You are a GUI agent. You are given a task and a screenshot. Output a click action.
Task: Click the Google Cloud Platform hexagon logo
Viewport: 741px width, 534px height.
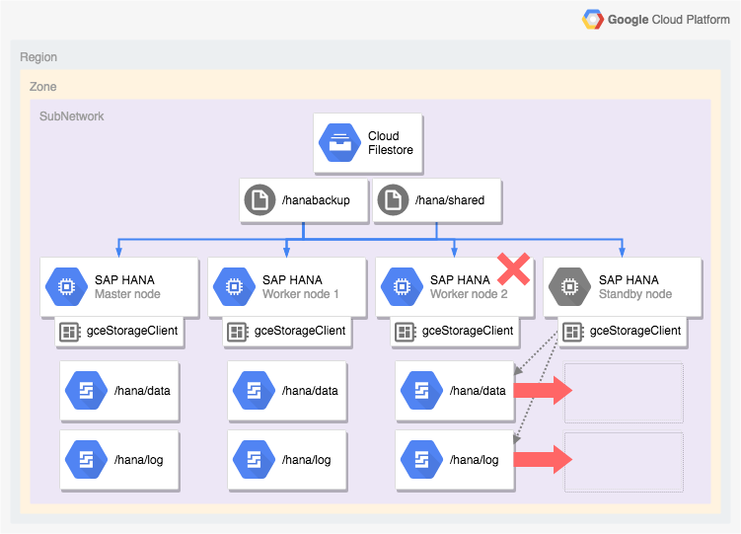(x=593, y=19)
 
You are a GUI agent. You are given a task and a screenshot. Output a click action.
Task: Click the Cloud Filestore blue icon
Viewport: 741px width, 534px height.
(x=339, y=143)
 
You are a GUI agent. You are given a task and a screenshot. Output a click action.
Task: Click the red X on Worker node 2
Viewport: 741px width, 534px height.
(x=513, y=267)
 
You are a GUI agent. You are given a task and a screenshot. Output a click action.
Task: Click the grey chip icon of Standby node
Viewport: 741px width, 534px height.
(x=570, y=287)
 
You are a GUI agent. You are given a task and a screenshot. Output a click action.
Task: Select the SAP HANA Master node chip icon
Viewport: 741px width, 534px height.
(x=66, y=287)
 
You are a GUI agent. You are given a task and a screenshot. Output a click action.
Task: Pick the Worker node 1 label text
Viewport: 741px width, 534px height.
(x=300, y=294)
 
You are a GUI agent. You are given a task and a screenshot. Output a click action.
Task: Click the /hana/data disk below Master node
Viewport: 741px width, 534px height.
(x=119, y=391)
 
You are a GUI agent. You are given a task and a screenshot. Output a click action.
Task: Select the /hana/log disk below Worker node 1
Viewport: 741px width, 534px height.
(x=287, y=460)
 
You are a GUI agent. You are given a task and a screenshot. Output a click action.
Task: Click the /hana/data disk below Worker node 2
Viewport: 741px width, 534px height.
(x=455, y=391)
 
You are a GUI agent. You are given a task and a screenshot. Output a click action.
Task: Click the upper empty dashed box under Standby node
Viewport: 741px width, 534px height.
(x=624, y=393)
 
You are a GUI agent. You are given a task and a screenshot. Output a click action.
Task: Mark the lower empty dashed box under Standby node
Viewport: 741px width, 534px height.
(x=624, y=462)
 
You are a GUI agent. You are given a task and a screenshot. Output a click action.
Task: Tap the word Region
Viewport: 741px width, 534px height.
(x=38, y=57)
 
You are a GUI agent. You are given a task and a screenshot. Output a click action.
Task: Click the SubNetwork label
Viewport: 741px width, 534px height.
(x=71, y=116)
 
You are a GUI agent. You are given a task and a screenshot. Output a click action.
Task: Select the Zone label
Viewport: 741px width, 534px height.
(x=42, y=87)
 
